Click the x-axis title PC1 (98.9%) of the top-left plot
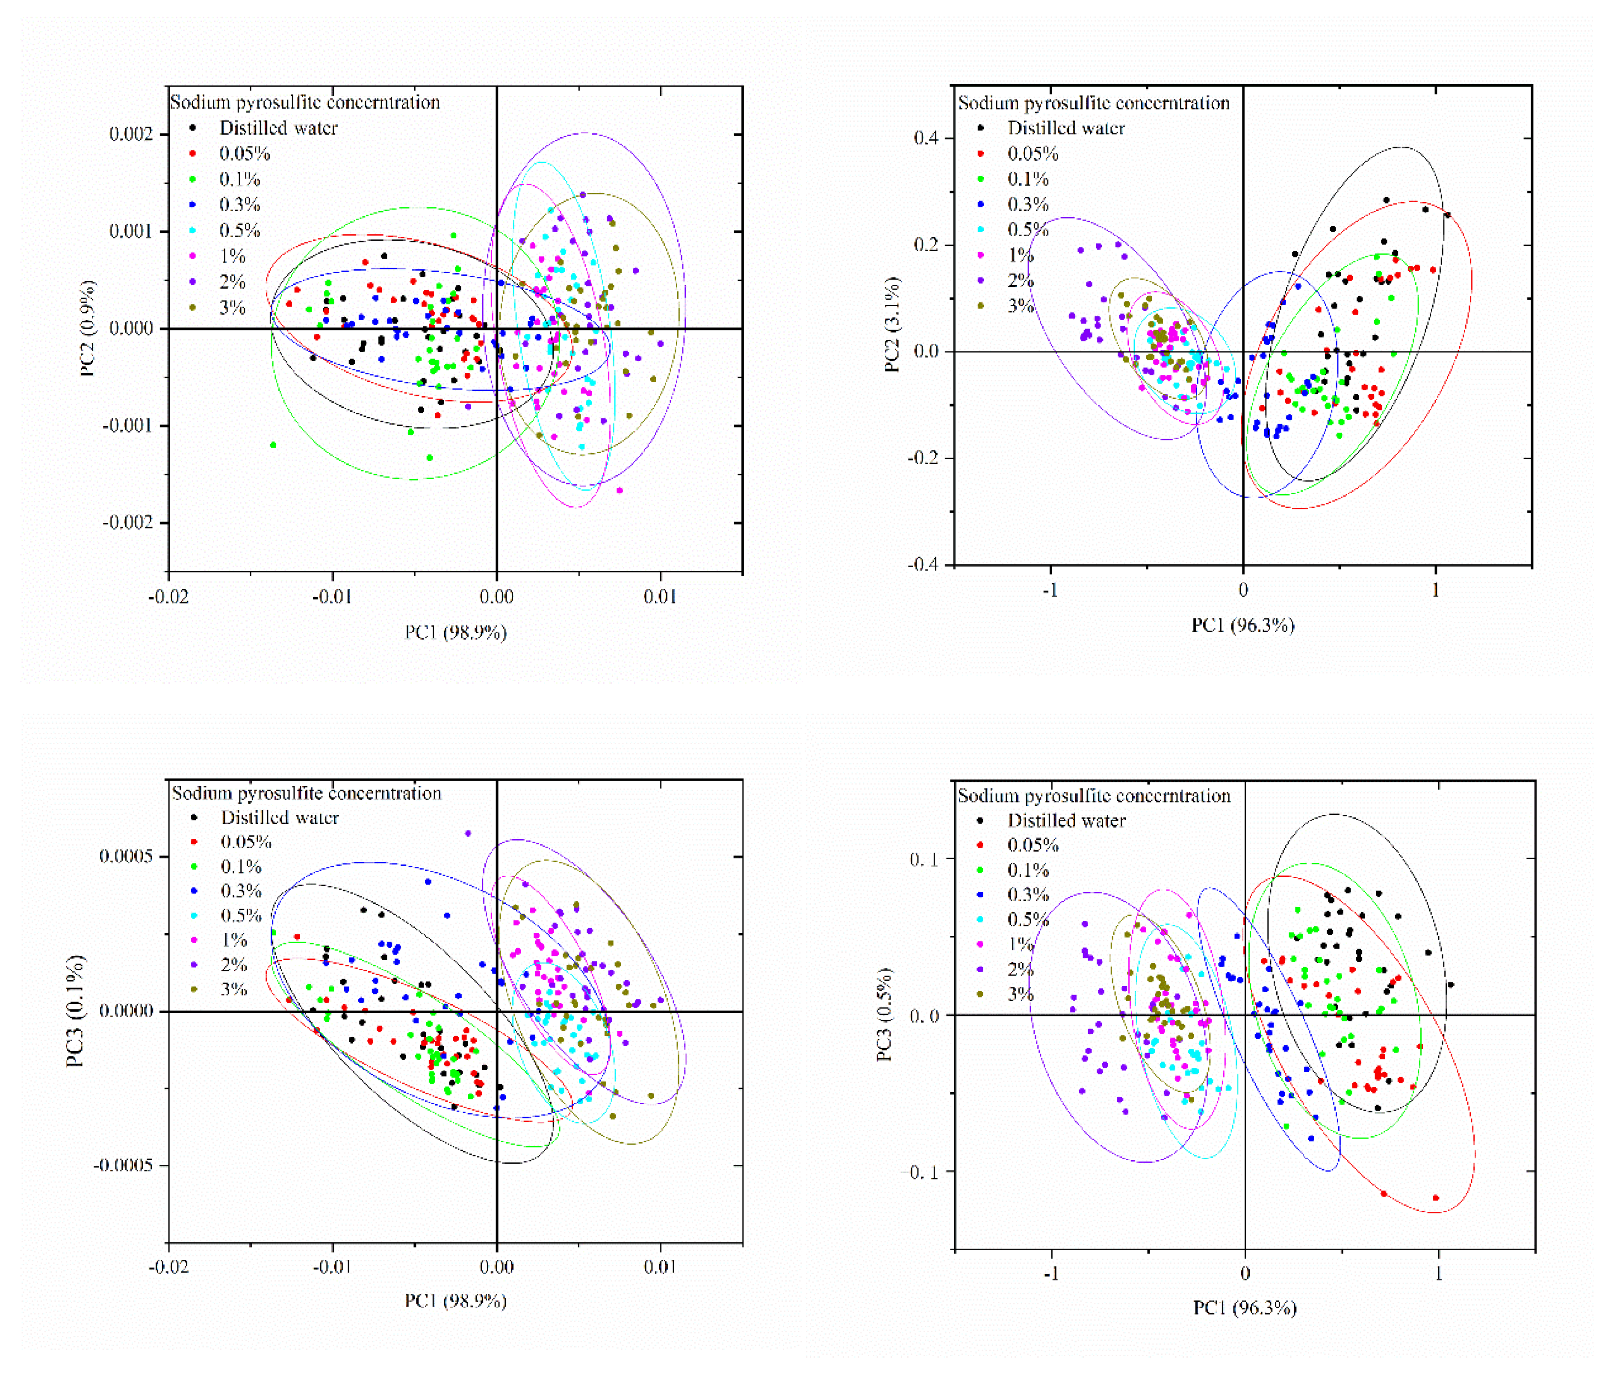(x=456, y=632)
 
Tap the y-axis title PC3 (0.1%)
(x=75, y=1011)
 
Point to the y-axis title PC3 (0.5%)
(x=885, y=1014)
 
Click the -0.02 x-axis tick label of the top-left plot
(x=168, y=597)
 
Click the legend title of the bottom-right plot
(x=1094, y=796)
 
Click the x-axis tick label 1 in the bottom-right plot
(x=1438, y=1274)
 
